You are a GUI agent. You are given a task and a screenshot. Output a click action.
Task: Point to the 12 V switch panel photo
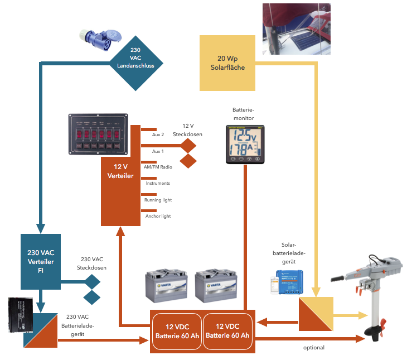point(98,134)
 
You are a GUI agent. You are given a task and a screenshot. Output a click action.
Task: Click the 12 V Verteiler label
point(120,171)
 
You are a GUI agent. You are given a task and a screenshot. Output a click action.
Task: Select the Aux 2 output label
point(158,135)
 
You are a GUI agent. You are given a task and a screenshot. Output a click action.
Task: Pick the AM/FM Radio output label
point(158,167)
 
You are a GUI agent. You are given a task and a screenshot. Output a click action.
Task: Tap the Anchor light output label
point(158,216)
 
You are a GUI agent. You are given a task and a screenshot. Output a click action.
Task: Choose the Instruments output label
point(158,183)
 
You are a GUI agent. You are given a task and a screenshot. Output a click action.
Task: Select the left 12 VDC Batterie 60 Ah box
point(176,331)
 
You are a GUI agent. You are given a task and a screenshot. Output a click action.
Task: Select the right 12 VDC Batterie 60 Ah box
point(227,331)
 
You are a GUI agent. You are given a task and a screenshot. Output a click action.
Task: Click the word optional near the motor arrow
point(314,348)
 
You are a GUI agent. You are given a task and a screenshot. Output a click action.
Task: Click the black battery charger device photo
point(22,314)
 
